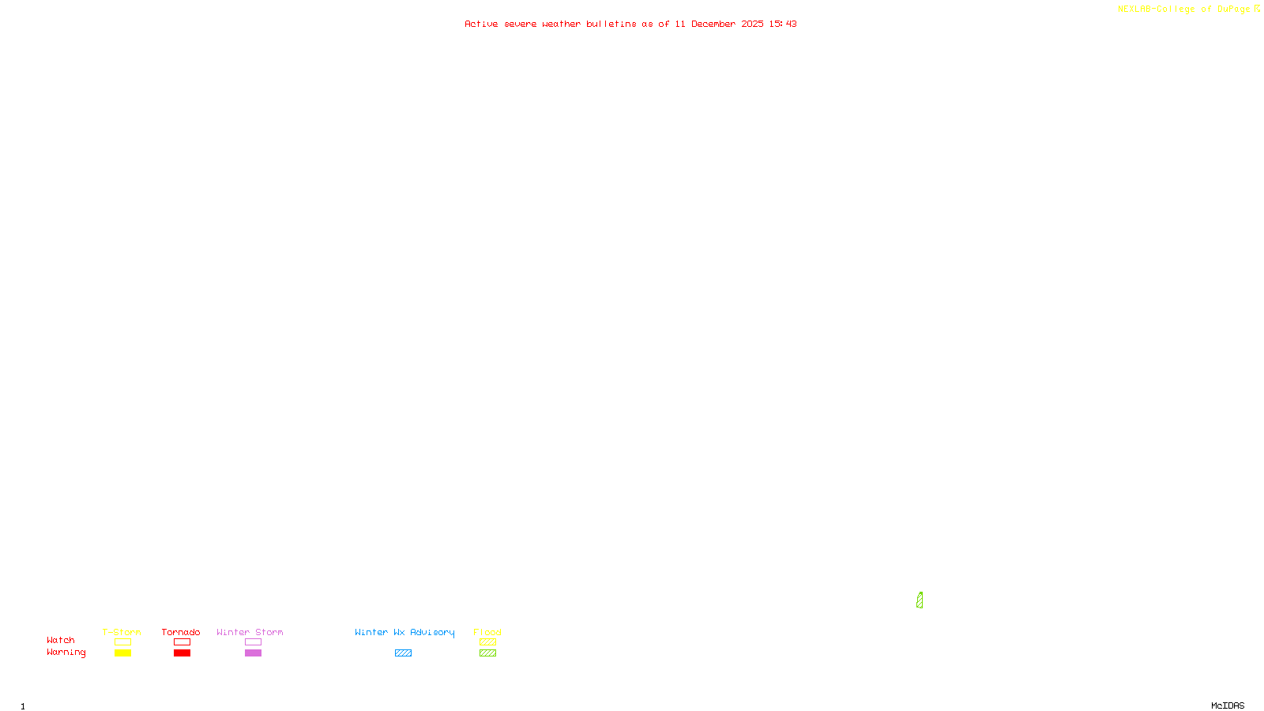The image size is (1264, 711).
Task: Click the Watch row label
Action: (61, 641)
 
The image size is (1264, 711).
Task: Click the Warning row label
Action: (66, 653)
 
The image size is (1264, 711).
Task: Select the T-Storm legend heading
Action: (122, 632)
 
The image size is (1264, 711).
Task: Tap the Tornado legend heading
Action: (181, 632)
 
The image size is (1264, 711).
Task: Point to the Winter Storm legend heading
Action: (250, 632)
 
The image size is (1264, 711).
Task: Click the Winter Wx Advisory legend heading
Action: (404, 632)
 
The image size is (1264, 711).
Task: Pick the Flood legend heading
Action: (487, 632)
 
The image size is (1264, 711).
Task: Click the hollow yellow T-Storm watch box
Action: (122, 642)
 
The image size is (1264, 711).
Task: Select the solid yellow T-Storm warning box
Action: (122, 653)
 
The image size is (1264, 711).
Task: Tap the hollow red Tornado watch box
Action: (182, 642)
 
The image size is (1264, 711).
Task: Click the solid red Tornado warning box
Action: (182, 653)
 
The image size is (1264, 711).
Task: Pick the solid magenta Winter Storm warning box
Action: (253, 653)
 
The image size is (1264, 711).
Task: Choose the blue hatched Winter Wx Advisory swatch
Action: (403, 653)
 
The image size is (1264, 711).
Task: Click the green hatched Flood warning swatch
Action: (487, 653)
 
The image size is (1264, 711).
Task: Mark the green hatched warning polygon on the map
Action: (920, 600)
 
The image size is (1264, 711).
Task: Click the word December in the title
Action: (713, 24)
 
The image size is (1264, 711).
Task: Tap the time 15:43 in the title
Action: (783, 24)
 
